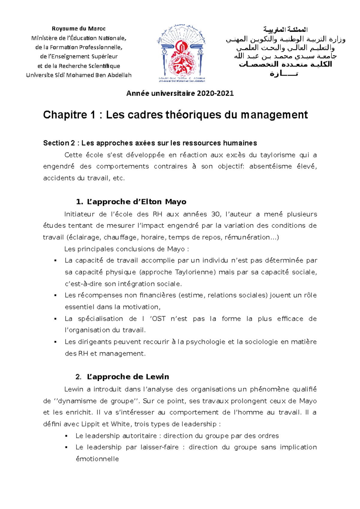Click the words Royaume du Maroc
tap(79, 29)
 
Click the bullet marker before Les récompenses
tap(55, 296)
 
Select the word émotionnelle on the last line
tap(97, 459)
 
